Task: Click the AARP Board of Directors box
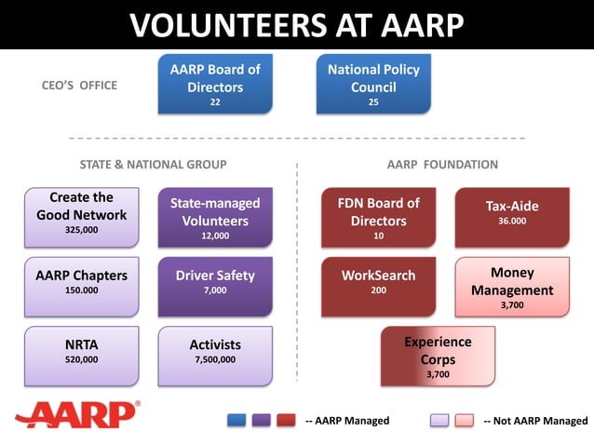215,84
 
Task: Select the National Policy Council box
373,84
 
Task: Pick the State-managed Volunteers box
215,217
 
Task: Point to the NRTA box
82,353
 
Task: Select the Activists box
215,353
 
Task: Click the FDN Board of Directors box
378,217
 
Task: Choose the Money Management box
511,287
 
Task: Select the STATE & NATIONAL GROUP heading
153,165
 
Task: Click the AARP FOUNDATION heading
442,165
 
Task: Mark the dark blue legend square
236,421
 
